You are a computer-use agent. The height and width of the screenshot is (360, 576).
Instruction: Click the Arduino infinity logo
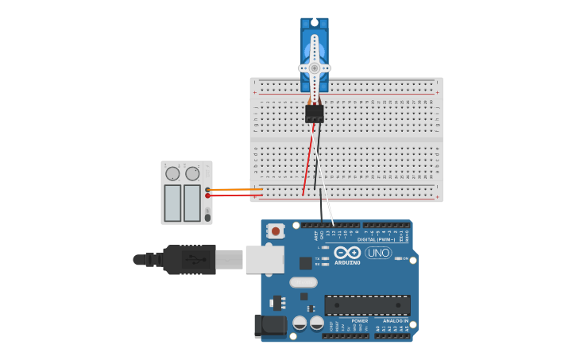click(x=347, y=252)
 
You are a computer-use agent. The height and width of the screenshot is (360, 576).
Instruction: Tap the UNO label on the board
click(x=378, y=253)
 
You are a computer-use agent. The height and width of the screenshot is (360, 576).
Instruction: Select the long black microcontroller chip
click(x=367, y=305)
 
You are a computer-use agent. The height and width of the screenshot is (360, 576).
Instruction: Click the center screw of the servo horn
click(x=315, y=68)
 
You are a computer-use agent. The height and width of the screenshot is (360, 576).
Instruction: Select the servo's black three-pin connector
click(x=315, y=114)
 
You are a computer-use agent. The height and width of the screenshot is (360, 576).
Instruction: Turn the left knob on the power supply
click(x=172, y=173)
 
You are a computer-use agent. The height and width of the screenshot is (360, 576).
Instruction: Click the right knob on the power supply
click(x=192, y=173)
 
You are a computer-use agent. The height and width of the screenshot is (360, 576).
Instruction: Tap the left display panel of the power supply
click(x=172, y=203)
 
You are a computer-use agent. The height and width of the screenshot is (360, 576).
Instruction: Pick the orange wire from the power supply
click(x=234, y=189)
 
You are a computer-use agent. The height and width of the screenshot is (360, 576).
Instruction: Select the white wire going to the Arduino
click(x=327, y=208)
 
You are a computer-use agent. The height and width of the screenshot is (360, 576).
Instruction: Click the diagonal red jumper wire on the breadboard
click(x=307, y=163)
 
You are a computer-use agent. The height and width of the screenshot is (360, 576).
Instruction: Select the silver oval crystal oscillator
click(x=303, y=282)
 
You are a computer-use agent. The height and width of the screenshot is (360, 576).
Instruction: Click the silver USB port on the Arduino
click(x=265, y=259)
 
